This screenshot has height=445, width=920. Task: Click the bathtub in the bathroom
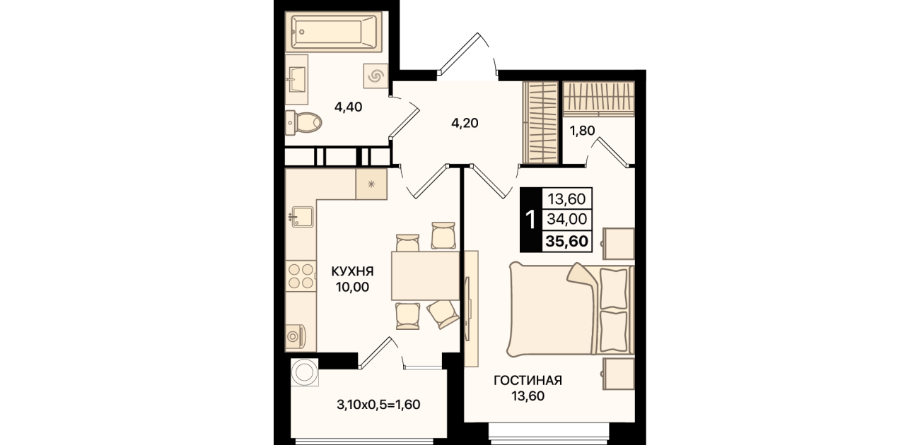point(334,32)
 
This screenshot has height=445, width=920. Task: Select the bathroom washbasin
point(296,80)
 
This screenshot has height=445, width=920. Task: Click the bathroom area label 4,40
point(349,107)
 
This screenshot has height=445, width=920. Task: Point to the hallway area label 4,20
point(465,123)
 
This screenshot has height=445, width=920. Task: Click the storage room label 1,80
point(582,131)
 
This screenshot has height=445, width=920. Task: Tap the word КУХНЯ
point(352,271)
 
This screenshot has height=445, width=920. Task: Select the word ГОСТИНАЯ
point(528,381)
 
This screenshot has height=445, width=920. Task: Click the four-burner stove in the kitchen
point(301,275)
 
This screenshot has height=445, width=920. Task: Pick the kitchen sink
point(301,217)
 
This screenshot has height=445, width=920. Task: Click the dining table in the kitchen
point(425,276)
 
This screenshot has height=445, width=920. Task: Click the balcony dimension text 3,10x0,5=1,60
point(378,405)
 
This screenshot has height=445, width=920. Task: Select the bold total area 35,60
point(567,241)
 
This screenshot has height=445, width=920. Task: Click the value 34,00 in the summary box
point(567,219)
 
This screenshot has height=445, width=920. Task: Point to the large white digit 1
point(530,220)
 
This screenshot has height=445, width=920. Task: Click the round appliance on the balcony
point(305,372)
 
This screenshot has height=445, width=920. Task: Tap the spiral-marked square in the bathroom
point(375,76)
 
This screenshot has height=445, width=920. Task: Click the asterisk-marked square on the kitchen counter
point(371,184)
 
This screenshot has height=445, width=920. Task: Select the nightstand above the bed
point(619,244)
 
